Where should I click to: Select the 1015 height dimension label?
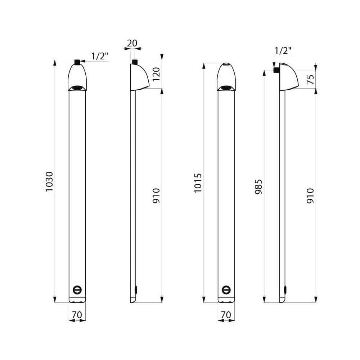[x=198, y=183]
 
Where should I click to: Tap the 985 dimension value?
[x=258, y=186]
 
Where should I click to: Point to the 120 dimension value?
[x=156, y=74]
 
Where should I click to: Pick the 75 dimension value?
[x=310, y=79]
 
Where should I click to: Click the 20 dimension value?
[x=132, y=43]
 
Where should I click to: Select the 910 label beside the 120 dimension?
[x=156, y=195]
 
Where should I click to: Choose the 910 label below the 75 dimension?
[x=310, y=195]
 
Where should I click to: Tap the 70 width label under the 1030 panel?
[x=77, y=315]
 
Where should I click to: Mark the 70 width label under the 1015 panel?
[x=226, y=315]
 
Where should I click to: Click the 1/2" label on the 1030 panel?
[x=100, y=56]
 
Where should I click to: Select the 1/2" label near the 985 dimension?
[x=283, y=51]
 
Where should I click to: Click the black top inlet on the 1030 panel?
[x=77, y=62]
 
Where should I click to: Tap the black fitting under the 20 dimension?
[x=135, y=62]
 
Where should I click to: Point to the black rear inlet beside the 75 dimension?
[x=276, y=70]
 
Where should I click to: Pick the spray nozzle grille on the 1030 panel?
[x=77, y=87]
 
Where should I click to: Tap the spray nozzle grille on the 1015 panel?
[x=226, y=87]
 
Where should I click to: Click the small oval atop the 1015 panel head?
[x=226, y=65]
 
